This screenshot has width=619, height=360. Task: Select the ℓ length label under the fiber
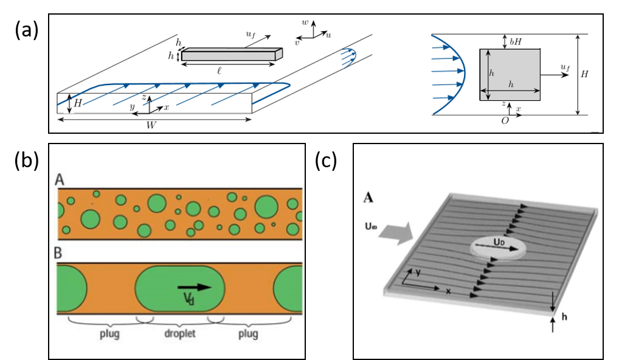(219, 71)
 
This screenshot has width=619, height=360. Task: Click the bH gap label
(516, 42)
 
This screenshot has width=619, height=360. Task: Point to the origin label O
(504, 121)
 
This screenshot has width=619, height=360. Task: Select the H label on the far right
(584, 74)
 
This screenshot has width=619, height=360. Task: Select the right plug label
(247, 334)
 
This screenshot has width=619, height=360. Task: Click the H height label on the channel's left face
(78, 103)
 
